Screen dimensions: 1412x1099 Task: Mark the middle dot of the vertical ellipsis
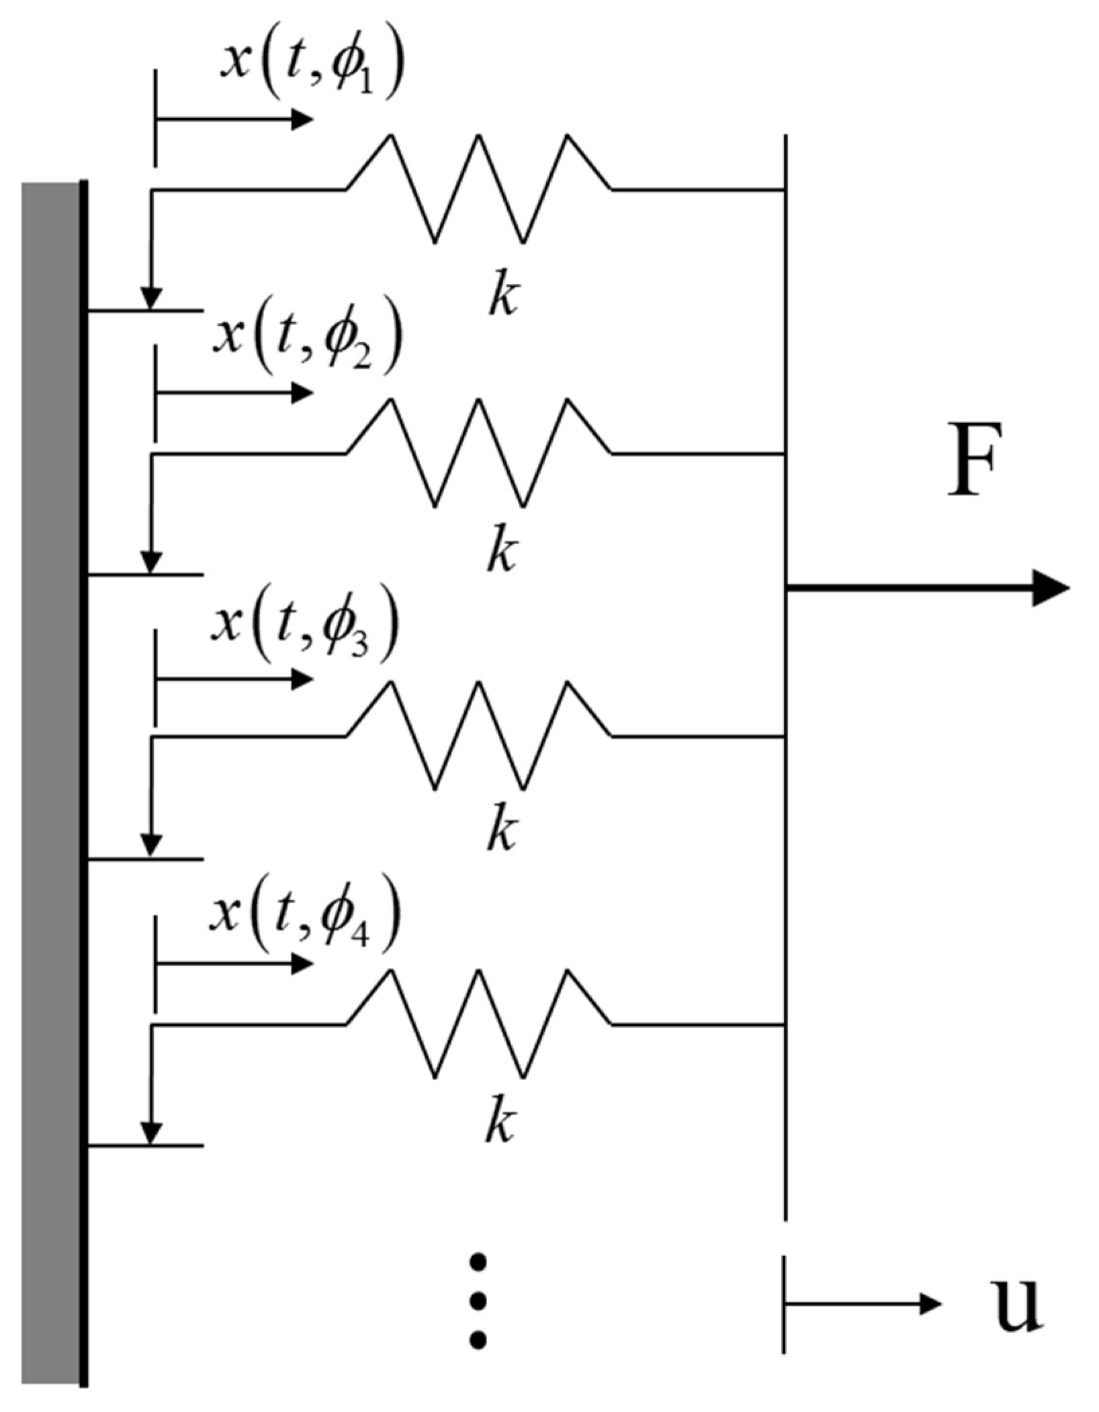pyautogui.click(x=478, y=1301)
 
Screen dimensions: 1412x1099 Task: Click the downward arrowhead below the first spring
pyautogui.click(x=151, y=298)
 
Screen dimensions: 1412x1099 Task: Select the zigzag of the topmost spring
pyautogui.click(x=478, y=189)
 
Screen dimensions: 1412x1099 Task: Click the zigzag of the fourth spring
pyautogui.click(x=478, y=1024)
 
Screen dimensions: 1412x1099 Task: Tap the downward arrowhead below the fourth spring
pyautogui.click(x=151, y=1133)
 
